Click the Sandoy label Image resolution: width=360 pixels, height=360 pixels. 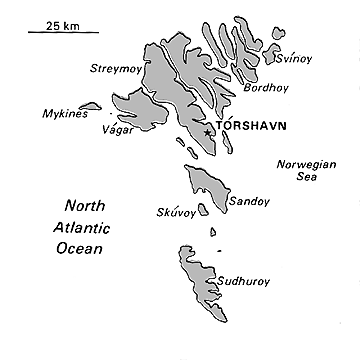(x=249, y=201)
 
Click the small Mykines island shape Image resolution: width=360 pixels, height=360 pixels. (x=90, y=105)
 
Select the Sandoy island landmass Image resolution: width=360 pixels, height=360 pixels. (x=205, y=186)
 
